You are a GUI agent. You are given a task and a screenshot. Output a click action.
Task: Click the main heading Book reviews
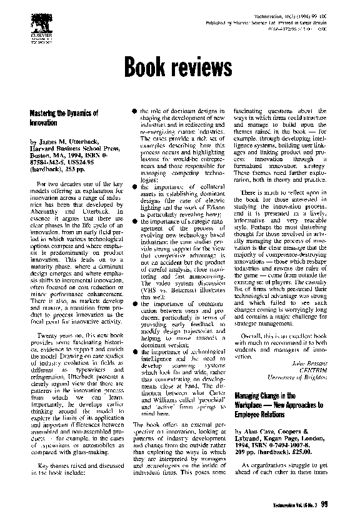click(179, 65)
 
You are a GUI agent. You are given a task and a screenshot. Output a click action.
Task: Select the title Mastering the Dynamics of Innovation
click(64, 118)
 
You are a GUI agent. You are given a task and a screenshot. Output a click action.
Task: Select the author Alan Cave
click(257, 432)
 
